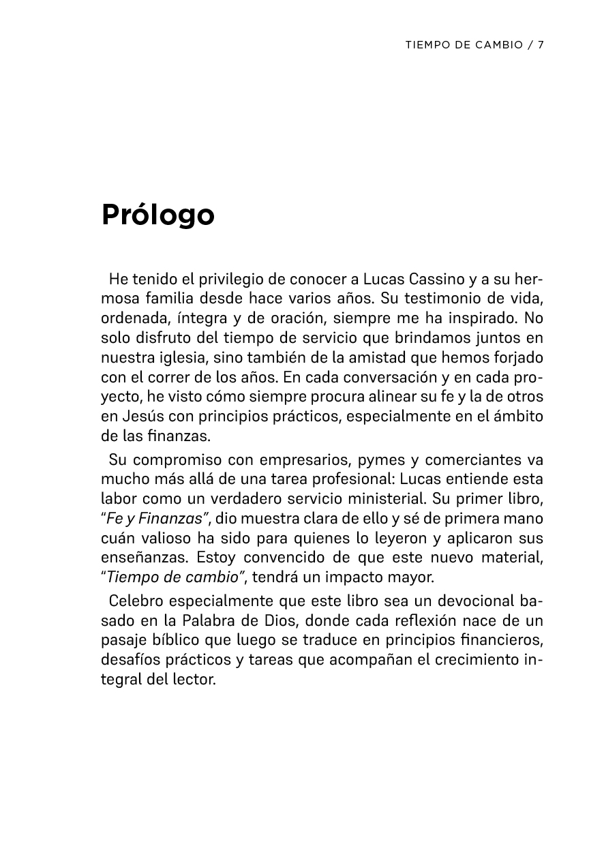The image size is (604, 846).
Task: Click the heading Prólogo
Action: click(x=158, y=215)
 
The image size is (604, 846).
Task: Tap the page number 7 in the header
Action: click(x=540, y=45)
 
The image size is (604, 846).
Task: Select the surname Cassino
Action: click(x=438, y=280)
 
